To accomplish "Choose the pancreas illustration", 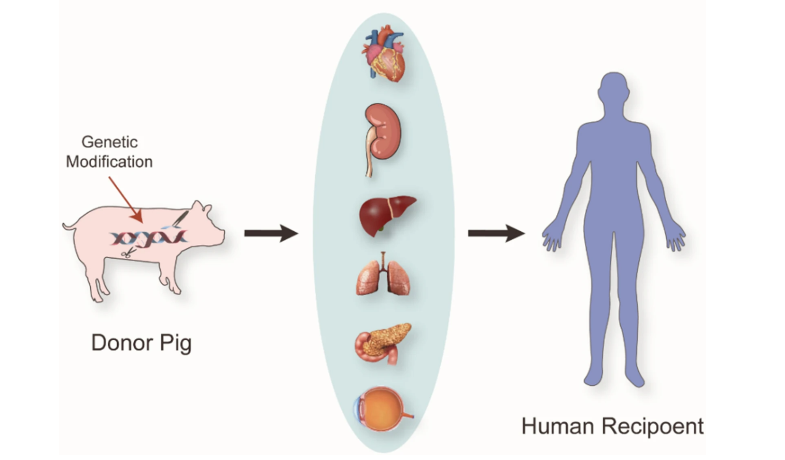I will [x=383, y=342].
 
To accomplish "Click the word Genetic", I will [x=109, y=142].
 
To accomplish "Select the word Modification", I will [x=109, y=162].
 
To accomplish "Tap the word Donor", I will [x=121, y=343].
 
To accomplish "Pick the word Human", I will [x=557, y=426].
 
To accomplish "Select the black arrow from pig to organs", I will [x=271, y=233].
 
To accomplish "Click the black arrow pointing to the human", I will [x=496, y=233].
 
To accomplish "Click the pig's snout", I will [x=222, y=236].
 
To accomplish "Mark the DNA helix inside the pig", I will [x=148, y=238].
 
